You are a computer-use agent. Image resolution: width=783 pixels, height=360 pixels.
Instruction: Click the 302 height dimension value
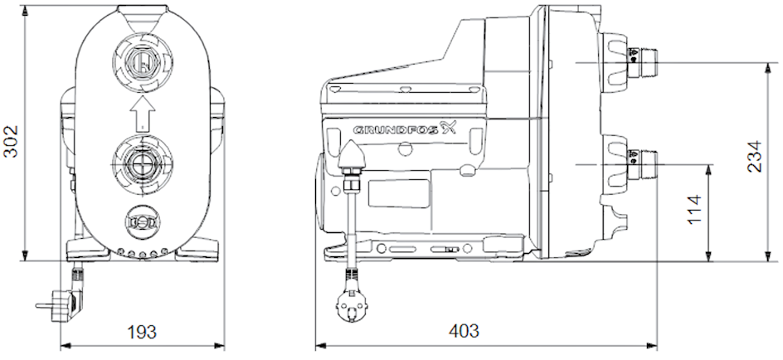[x=11, y=141]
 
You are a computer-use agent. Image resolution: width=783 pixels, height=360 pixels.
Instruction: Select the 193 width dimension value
[x=141, y=332]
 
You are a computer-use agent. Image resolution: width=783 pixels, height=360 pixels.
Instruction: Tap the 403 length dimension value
[x=464, y=330]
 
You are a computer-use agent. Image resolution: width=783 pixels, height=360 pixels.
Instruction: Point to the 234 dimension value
[x=755, y=156]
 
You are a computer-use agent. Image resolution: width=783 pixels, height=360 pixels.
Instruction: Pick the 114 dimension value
[x=694, y=209]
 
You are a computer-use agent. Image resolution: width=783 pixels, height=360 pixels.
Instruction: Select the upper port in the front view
[x=143, y=62]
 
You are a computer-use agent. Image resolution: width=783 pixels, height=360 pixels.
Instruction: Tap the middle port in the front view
[x=143, y=163]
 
